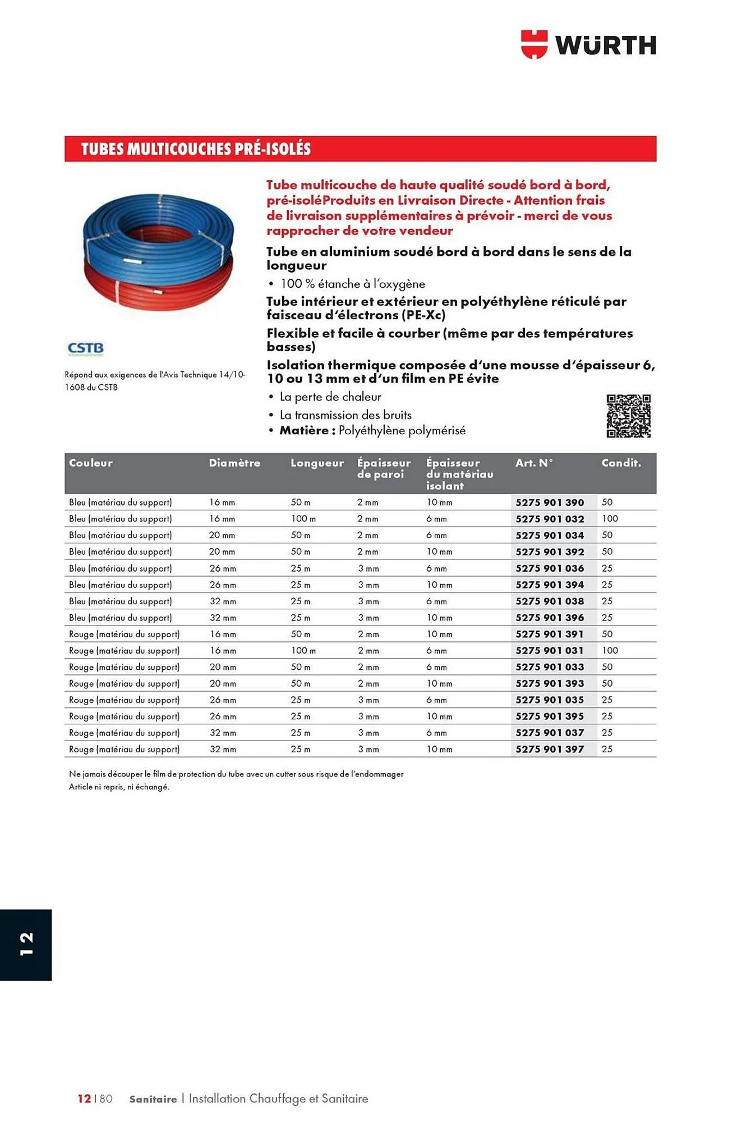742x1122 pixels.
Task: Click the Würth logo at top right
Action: (x=588, y=44)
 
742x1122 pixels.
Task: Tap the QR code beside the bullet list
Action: (x=628, y=416)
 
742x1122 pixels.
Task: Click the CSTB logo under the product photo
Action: (x=85, y=349)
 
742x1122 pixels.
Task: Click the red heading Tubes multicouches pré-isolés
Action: (x=196, y=149)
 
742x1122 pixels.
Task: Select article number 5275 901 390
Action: (x=550, y=503)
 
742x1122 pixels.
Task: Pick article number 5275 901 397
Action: (x=550, y=749)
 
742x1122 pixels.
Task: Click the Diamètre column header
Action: (x=234, y=463)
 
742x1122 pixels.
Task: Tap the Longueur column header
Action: (x=317, y=463)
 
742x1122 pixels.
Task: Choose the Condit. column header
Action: (x=621, y=463)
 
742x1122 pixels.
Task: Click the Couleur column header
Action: (x=91, y=463)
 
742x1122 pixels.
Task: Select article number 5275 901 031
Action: (x=550, y=651)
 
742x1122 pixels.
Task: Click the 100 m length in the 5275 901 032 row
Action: (x=303, y=519)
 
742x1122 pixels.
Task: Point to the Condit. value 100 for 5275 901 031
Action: (x=610, y=651)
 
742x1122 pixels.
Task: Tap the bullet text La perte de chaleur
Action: (x=330, y=397)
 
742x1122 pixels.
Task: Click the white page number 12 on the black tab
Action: (x=26, y=944)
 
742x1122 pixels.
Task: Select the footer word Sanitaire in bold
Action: (x=153, y=1099)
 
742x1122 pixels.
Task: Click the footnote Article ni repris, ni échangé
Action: (x=119, y=787)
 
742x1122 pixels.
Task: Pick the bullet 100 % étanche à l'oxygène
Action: (x=353, y=284)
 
